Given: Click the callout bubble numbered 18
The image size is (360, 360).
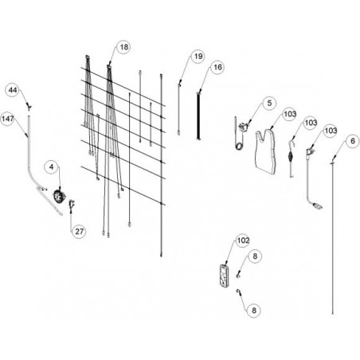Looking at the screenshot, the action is (x=123, y=47).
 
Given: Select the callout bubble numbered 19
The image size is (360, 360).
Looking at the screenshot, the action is (x=198, y=57).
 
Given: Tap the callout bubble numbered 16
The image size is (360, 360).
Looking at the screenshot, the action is (x=217, y=67).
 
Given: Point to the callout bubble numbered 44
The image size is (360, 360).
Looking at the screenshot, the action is (x=13, y=90).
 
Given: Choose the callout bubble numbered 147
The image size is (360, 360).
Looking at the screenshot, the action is (x=7, y=119).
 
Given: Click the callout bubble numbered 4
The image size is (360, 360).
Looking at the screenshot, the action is (x=51, y=166).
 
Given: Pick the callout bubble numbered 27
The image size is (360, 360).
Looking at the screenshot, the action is (x=79, y=232).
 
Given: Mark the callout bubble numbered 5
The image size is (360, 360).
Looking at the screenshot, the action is (x=269, y=103).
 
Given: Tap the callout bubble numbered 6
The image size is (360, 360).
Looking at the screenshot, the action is (x=353, y=141).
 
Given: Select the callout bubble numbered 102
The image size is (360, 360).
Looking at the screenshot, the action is (x=243, y=241).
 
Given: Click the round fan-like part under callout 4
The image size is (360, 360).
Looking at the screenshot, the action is (x=59, y=197).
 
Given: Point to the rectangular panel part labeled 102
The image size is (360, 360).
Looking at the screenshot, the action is (x=225, y=276).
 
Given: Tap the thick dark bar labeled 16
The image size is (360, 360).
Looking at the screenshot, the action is (x=198, y=115).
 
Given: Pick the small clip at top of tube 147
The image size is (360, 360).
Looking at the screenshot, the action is (x=29, y=107).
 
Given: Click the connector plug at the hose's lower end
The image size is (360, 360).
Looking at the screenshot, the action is (x=318, y=205).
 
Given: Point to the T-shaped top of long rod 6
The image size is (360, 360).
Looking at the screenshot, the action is (x=332, y=163).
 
